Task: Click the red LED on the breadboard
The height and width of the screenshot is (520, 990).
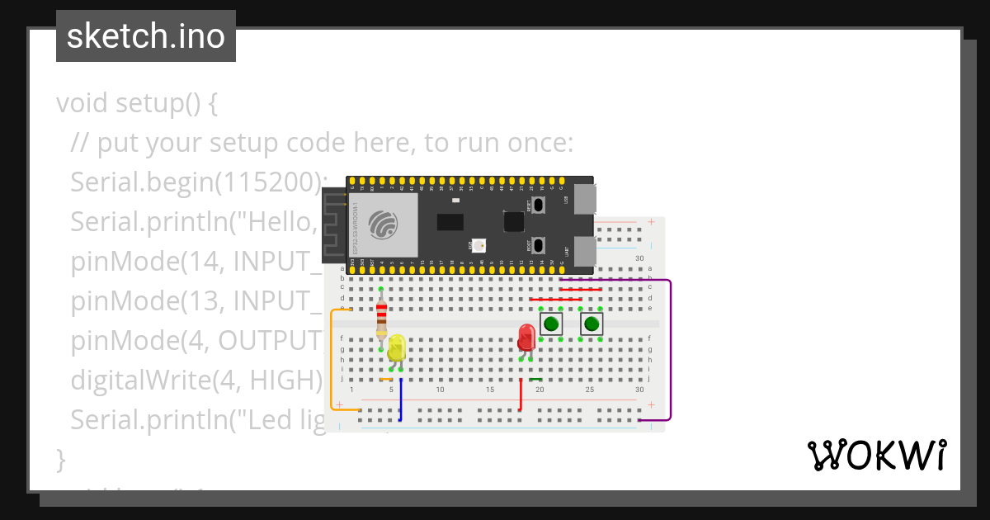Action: (526, 338)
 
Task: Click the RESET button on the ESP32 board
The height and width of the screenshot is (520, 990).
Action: (538, 204)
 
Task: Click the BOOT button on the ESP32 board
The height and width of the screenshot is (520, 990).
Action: (538, 245)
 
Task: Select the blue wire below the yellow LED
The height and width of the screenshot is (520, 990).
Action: (400, 400)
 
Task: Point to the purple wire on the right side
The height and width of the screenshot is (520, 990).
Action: (671, 347)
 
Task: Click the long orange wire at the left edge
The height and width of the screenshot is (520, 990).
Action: (332, 363)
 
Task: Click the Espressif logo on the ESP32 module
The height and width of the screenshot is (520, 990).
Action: (383, 224)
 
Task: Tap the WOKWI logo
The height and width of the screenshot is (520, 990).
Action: (876, 455)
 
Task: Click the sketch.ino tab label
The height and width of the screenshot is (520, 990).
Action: (146, 36)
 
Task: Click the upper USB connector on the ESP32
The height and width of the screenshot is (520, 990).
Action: (584, 200)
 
